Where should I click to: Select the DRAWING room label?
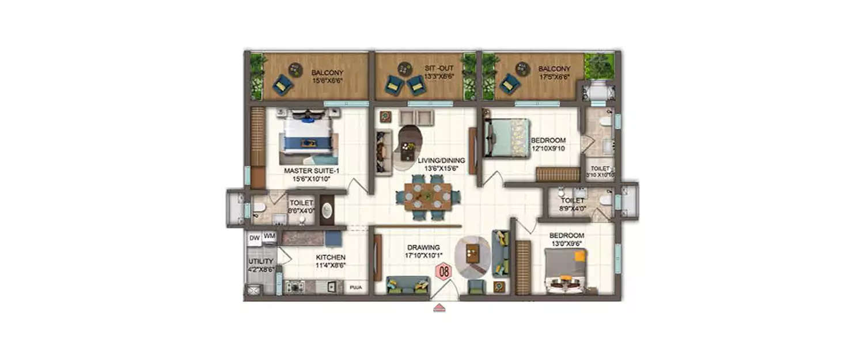423,247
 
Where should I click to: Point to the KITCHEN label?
330,257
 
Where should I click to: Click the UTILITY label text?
260,262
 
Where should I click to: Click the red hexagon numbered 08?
444,271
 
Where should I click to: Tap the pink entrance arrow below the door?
439,308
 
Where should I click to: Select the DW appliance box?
255,237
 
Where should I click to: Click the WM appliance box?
269,236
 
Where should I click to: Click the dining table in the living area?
427,197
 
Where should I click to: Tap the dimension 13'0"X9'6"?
566,243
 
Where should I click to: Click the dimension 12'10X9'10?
548,148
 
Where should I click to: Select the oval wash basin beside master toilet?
326,211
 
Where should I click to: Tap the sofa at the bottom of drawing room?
408,285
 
